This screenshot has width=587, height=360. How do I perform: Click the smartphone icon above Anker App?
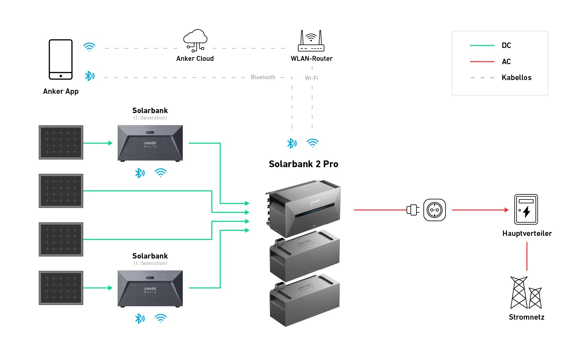click(x=61, y=59)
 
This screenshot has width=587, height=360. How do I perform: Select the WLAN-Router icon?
click(x=311, y=41)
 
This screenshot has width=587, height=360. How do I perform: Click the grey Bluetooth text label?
click(x=263, y=77)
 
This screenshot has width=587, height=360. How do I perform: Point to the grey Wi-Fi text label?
click(x=312, y=78)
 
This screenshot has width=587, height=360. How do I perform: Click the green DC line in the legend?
click(x=482, y=46)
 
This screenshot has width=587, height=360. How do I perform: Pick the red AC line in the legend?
click(x=482, y=62)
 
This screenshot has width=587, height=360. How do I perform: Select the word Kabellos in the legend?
click(x=516, y=78)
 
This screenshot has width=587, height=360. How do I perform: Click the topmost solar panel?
click(x=61, y=142)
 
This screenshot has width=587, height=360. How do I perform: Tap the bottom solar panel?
click(x=61, y=288)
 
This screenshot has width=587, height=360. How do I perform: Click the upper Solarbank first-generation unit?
click(x=150, y=143)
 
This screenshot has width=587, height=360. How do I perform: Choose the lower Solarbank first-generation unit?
click(x=150, y=288)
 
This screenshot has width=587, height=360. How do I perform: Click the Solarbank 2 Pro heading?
click(x=303, y=164)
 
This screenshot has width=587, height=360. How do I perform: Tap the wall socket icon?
click(x=434, y=210)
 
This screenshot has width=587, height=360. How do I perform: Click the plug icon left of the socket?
click(x=413, y=210)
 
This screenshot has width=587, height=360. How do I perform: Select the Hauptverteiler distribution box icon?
click(x=526, y=209)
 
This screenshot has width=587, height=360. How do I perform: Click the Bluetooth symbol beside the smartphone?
click(x=90, y=76)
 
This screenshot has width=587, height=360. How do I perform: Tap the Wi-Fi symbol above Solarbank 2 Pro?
click(x=312, y=143)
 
